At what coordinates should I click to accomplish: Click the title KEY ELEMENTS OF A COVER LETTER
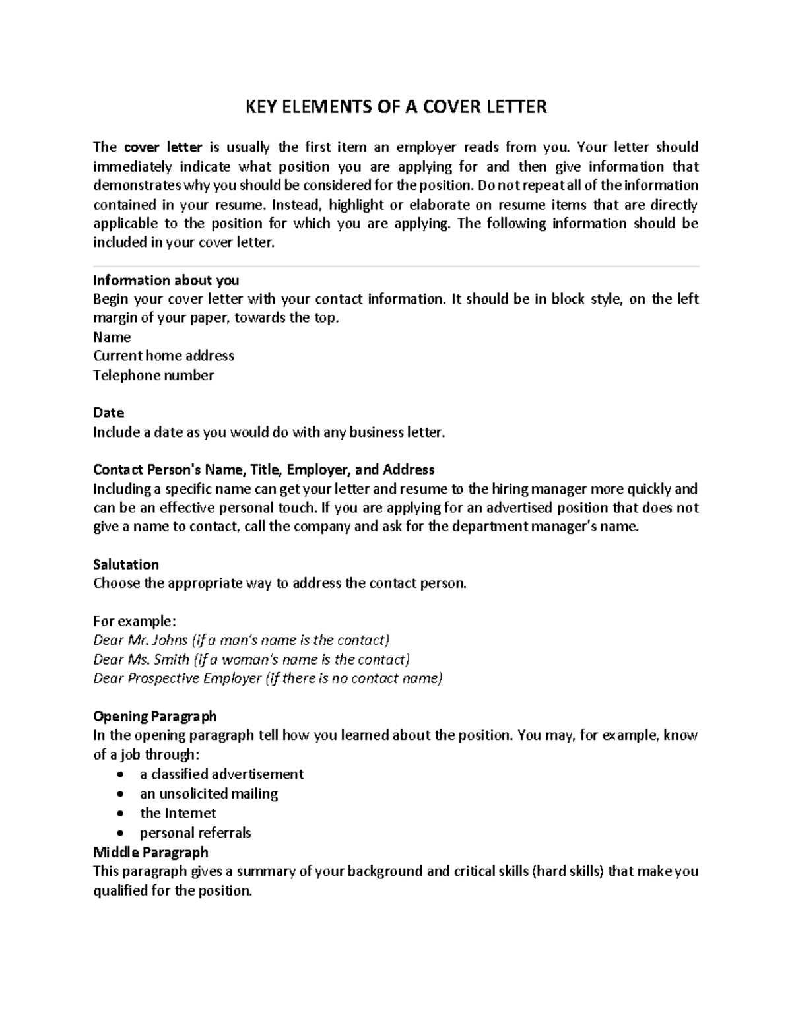pos(396,106)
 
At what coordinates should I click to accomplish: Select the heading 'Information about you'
pos(166,280)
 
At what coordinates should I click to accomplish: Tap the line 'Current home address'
pos(164,356)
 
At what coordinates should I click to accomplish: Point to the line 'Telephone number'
pos(153,375)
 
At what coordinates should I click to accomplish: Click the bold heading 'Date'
pos(108,413)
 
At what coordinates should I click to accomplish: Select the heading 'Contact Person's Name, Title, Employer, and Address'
pos(263,469)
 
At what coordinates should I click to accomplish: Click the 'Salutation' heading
pos(125,564)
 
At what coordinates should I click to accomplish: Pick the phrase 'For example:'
pos(135,621)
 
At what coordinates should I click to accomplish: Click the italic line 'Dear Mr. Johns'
pos(242,640)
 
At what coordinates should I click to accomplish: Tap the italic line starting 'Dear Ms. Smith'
pos(251,659)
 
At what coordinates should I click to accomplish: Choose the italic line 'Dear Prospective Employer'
pos(267,678)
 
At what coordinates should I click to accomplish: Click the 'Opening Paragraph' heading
pos(154,716)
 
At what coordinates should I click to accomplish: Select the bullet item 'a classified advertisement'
pos(221,774)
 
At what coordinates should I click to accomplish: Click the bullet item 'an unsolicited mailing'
pos(209,793)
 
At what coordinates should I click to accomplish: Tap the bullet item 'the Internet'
pos(178,813)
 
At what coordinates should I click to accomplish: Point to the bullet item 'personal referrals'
pos(195,832)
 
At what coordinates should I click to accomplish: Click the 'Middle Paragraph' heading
pos(150,852)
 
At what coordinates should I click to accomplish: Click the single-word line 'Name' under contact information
pos(112,337)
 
